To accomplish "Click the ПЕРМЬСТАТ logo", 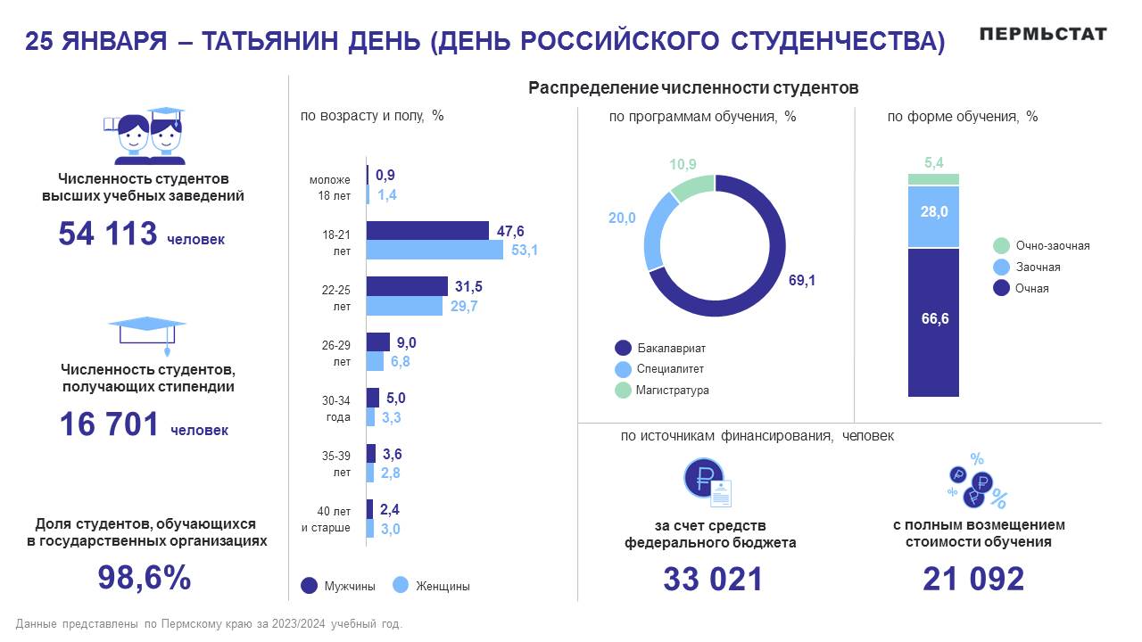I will pos(1042,34).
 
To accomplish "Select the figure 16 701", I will pos(109,424).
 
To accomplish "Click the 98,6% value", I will pos(144,578).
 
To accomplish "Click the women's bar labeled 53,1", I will pos(435,250).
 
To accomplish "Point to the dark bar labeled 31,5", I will pos(408,286).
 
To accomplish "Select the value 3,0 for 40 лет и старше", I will pos(390,529).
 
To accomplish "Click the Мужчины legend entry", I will pos(338,586).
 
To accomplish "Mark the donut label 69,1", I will pos(802,280).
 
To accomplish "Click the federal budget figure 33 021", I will pos(712,579).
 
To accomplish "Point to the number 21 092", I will pos(973,579).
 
